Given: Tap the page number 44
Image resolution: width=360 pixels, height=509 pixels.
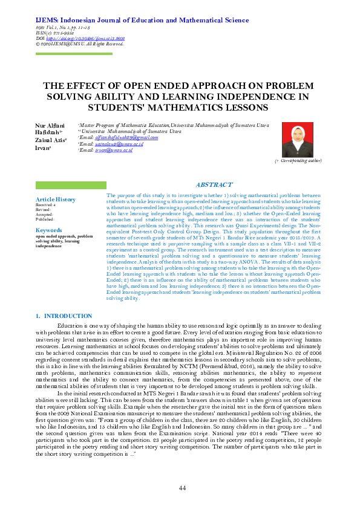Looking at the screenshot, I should [182, 487].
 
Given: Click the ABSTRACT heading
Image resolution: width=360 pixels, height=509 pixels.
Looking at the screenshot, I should [214, 184].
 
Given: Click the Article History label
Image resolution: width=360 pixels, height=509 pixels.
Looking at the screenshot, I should [56, 199].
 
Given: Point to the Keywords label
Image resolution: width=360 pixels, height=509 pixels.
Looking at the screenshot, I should [48, 230].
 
